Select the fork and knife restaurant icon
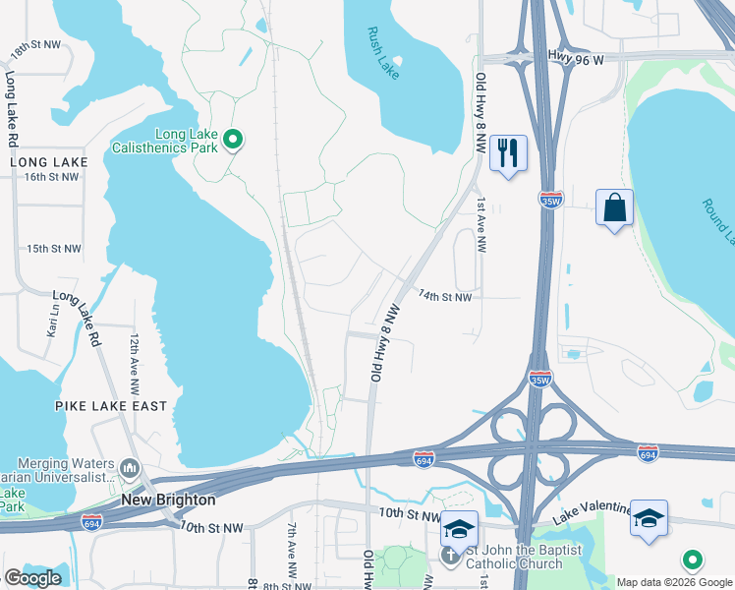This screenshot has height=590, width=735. click(x=508, y=153)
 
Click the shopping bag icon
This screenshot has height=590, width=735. click(x=614, y=207)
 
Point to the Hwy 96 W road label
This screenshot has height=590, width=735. click(x=577, y=58)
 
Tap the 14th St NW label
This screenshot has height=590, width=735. click(x=445, y=296)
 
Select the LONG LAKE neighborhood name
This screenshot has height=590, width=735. click(x=49, y=162)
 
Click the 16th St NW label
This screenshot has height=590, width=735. click(x=52, y=177)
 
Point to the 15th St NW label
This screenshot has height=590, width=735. click(x=54, y=249)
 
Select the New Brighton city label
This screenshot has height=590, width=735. click(x=168, y=500)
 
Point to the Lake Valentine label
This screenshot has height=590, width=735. click(x=592, y=509)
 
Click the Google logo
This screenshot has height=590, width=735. click(x=32, y=578)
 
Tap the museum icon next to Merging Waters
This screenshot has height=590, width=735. click(x=130, y=465)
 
